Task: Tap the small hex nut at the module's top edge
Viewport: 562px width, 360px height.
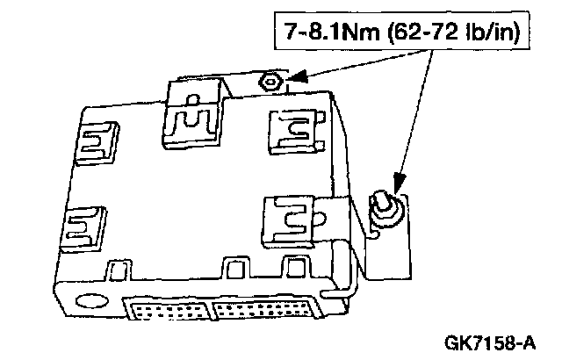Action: click(x=270, y=83)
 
